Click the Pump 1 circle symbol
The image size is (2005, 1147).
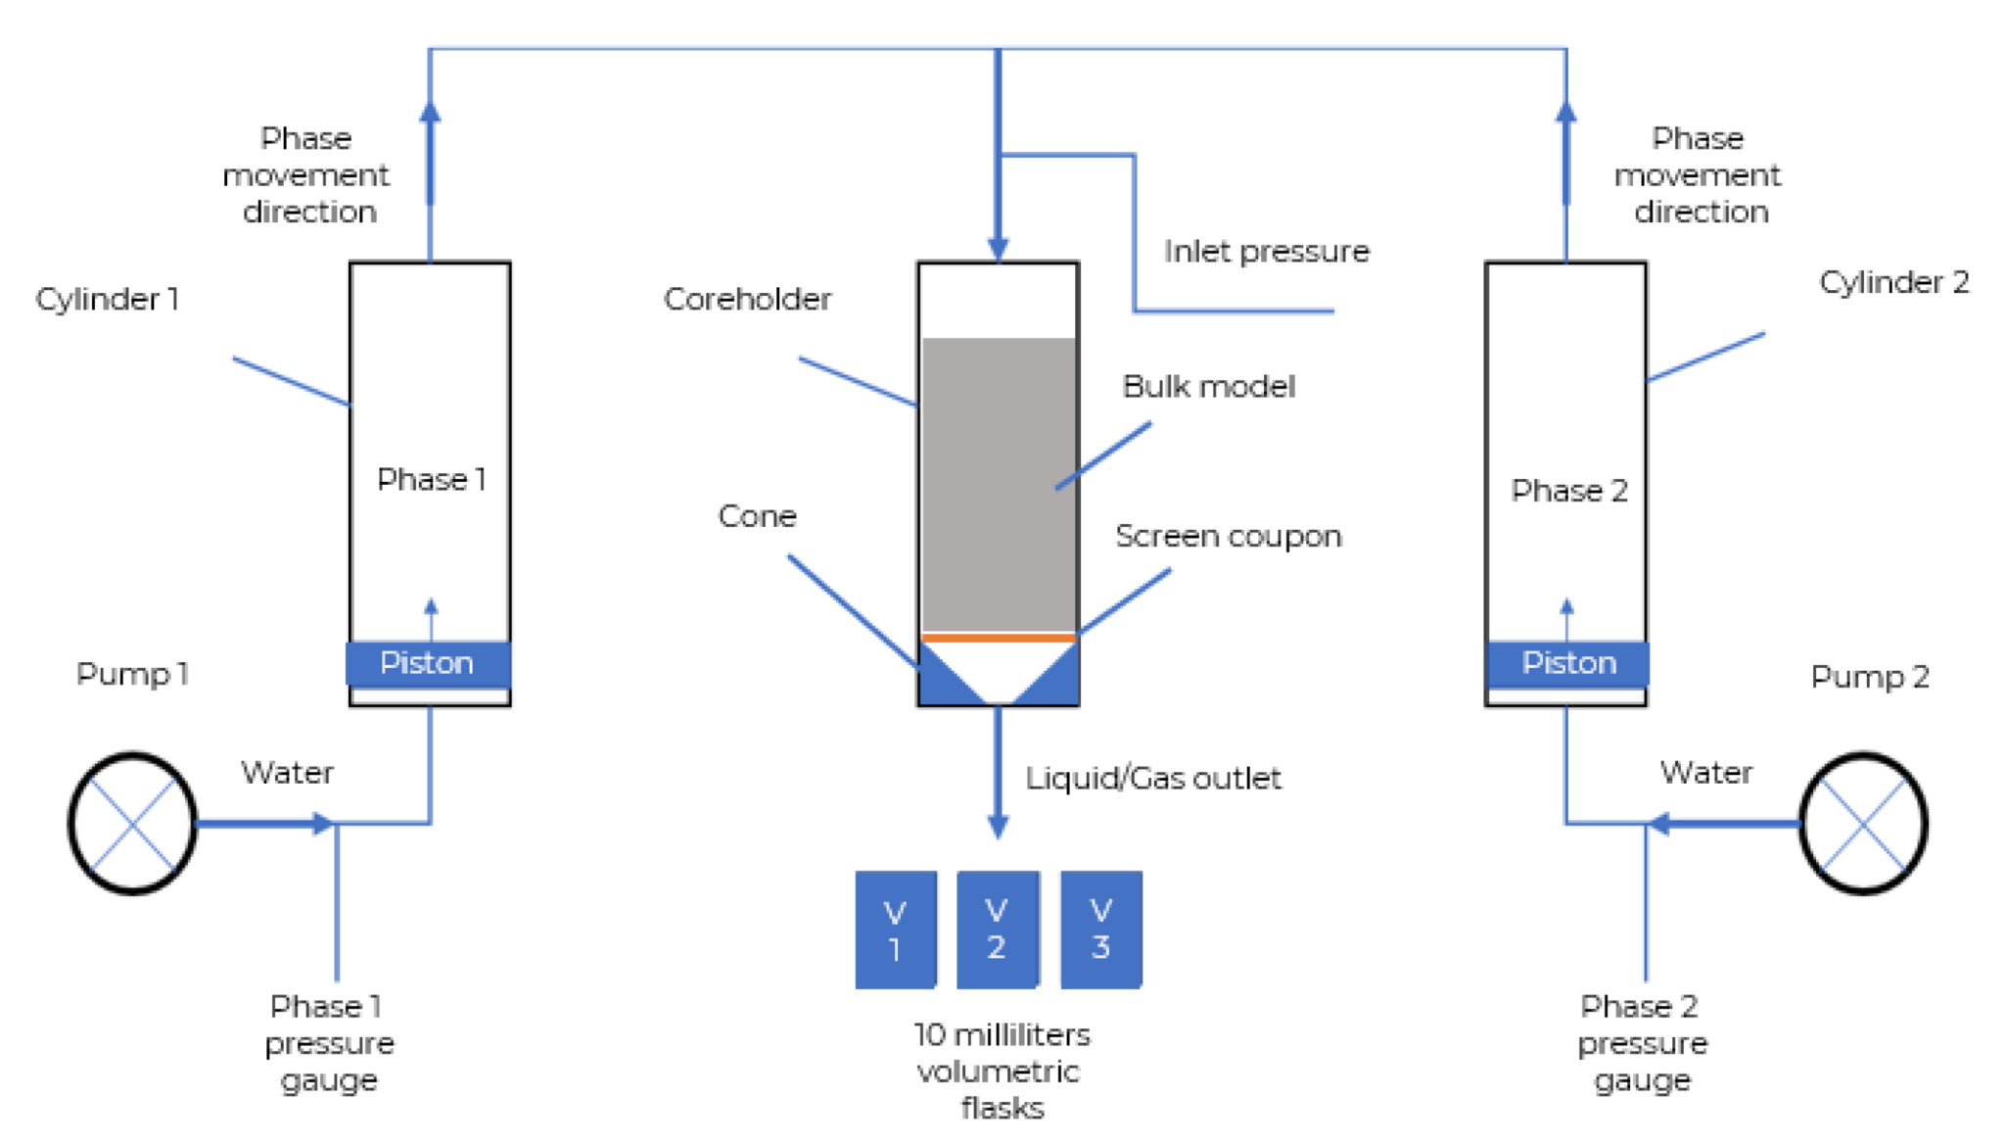[132, 823]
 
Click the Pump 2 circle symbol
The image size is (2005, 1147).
[1863, 823]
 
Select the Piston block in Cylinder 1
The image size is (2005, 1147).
[428, 663]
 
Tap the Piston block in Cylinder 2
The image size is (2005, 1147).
[1567, 663]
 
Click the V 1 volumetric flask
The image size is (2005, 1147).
[895, 930]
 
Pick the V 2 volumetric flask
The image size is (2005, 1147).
[997, 930]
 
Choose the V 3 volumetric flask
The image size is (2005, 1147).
[1100, 930]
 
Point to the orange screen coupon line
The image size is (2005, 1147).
[999, 638]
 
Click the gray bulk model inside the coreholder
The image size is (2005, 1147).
[999, 485]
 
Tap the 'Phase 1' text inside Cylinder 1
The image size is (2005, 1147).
[431, 479]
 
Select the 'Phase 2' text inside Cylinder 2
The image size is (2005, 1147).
[1568, 490]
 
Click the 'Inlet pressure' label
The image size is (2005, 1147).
[1266, 252]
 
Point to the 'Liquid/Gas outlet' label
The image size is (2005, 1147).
[1152, 779]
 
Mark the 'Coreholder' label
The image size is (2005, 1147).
[747, 299]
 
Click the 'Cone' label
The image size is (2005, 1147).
[757, 516]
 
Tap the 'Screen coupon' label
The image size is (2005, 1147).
[1228, 537]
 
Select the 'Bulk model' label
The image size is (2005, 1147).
[1208, 387]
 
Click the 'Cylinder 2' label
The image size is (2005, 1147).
[1893, 282]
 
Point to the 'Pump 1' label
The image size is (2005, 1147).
[132, 674]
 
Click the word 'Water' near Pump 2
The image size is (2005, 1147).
[1705, 773]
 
